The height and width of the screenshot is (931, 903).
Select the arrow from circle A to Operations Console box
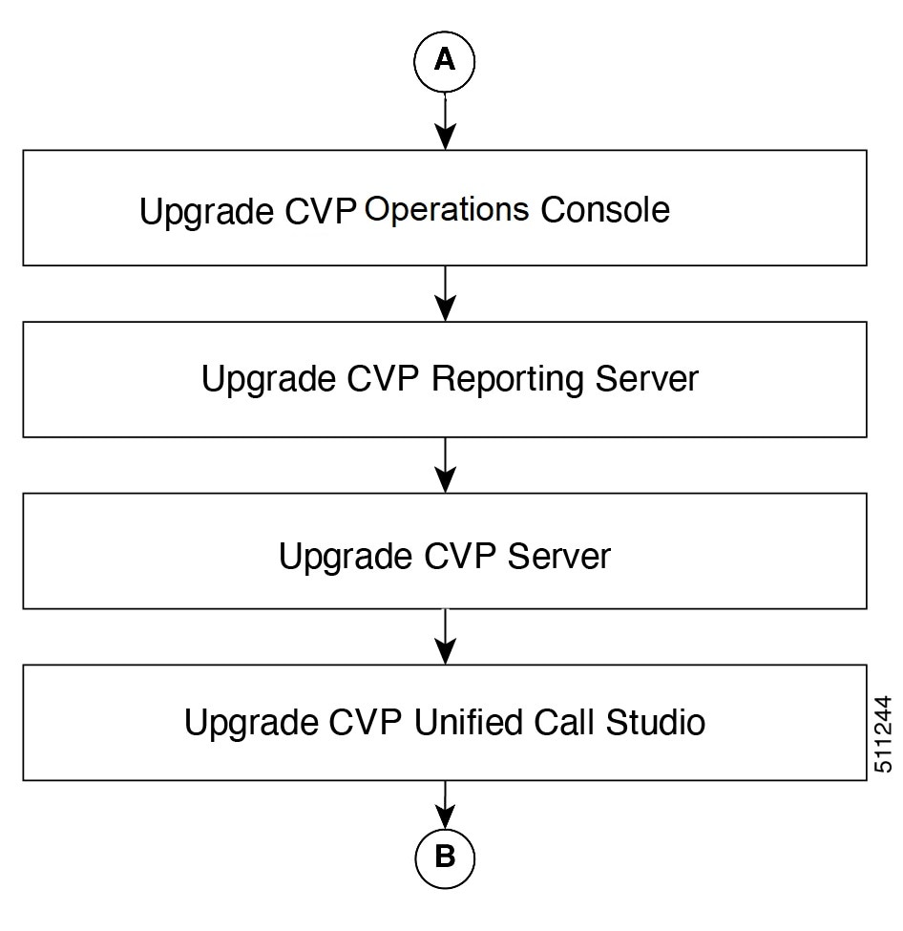pos(445,120)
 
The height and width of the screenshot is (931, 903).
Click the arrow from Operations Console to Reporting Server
pos(445,293)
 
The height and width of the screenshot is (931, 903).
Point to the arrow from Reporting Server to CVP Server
pos(445,465)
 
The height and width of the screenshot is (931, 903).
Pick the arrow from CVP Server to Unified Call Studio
pos(445,637)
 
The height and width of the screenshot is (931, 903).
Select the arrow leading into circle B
pos(445,804)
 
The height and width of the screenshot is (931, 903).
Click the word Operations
pos(447,211)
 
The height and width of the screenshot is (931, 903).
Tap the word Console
pos(605,209)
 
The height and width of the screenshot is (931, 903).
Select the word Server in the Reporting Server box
pos(646,378)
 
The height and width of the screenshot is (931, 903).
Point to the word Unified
pos(469,722)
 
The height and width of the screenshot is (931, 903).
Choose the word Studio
pos(656,722)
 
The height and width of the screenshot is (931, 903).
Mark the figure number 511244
pos(883,734)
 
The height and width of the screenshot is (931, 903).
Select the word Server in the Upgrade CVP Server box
pos(559,557)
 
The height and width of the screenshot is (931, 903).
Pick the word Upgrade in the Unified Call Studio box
pos(251,724)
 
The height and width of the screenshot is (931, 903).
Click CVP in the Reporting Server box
pos(383,378)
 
